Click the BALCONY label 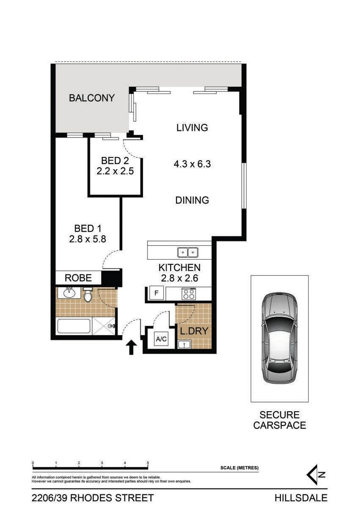pos(92,98)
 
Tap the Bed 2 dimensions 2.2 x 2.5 pos(115,171)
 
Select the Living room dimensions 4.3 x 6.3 pos(192,164)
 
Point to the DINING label pos(192,200)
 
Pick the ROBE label pos(78,278)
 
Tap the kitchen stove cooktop pos(189,294)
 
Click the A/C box pos(161,339)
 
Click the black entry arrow pos(131,347)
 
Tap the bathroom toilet pos(88,295)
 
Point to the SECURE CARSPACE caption pos(279,419)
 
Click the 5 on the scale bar pos(148,463)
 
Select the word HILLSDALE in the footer pos(301,498)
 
